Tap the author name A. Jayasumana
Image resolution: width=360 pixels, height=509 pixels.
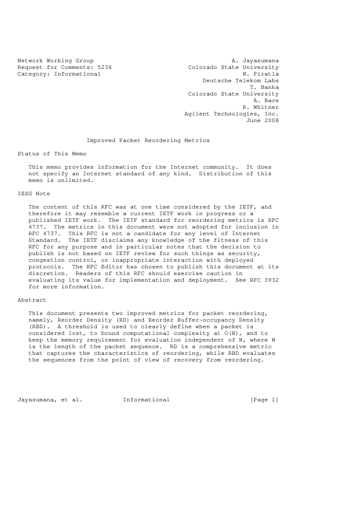click(255, 60)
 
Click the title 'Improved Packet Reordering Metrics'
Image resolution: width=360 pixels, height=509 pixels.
click(148, 140)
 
